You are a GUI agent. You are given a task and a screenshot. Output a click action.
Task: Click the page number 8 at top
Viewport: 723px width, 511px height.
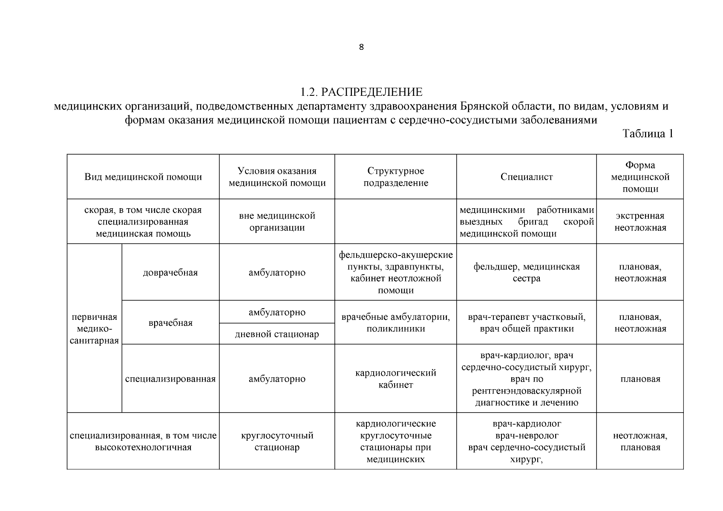point(361,47)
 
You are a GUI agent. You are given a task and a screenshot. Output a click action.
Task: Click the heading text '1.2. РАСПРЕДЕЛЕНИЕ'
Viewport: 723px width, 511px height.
point(361,92)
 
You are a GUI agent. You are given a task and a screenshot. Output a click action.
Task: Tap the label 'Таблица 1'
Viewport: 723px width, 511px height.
point(648,134)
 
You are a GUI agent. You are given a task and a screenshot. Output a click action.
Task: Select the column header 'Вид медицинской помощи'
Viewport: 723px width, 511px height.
point(143,177)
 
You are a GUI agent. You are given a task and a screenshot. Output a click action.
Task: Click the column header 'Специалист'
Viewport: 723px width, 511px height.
point(527,177)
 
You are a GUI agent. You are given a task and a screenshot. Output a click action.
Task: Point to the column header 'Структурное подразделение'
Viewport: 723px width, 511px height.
point(395,177)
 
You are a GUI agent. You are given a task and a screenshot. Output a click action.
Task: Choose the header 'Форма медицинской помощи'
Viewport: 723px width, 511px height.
point(640,177)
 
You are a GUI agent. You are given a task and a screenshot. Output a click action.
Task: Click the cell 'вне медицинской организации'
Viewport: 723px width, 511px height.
point(277,221)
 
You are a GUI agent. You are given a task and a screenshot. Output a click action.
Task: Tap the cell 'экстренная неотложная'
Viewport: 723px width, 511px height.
point(640,221)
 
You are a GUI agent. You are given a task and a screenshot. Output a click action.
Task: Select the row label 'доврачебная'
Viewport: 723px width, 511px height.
point(170,273)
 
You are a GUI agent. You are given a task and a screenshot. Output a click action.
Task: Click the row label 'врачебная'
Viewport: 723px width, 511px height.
point(170,323)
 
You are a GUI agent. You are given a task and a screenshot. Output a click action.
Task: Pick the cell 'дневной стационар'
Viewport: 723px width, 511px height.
point(277,334)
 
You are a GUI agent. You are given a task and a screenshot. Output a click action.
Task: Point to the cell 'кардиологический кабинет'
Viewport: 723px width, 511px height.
point(395,379)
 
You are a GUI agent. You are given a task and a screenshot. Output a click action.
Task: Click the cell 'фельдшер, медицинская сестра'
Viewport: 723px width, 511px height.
point(527,273)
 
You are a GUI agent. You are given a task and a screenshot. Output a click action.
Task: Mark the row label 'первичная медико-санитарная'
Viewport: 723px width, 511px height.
point(94,329)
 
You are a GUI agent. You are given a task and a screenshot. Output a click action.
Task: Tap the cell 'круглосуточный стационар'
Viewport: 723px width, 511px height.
point(277,442)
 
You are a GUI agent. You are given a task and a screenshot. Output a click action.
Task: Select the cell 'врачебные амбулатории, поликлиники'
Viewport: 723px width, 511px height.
point(395,323)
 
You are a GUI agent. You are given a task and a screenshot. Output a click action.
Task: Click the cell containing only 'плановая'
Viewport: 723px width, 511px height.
point(640,379)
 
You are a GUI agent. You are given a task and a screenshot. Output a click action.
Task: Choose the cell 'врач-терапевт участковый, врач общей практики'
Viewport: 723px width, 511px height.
point(527,323)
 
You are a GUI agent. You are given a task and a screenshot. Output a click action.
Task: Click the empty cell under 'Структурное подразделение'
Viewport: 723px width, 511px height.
point(395,221)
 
